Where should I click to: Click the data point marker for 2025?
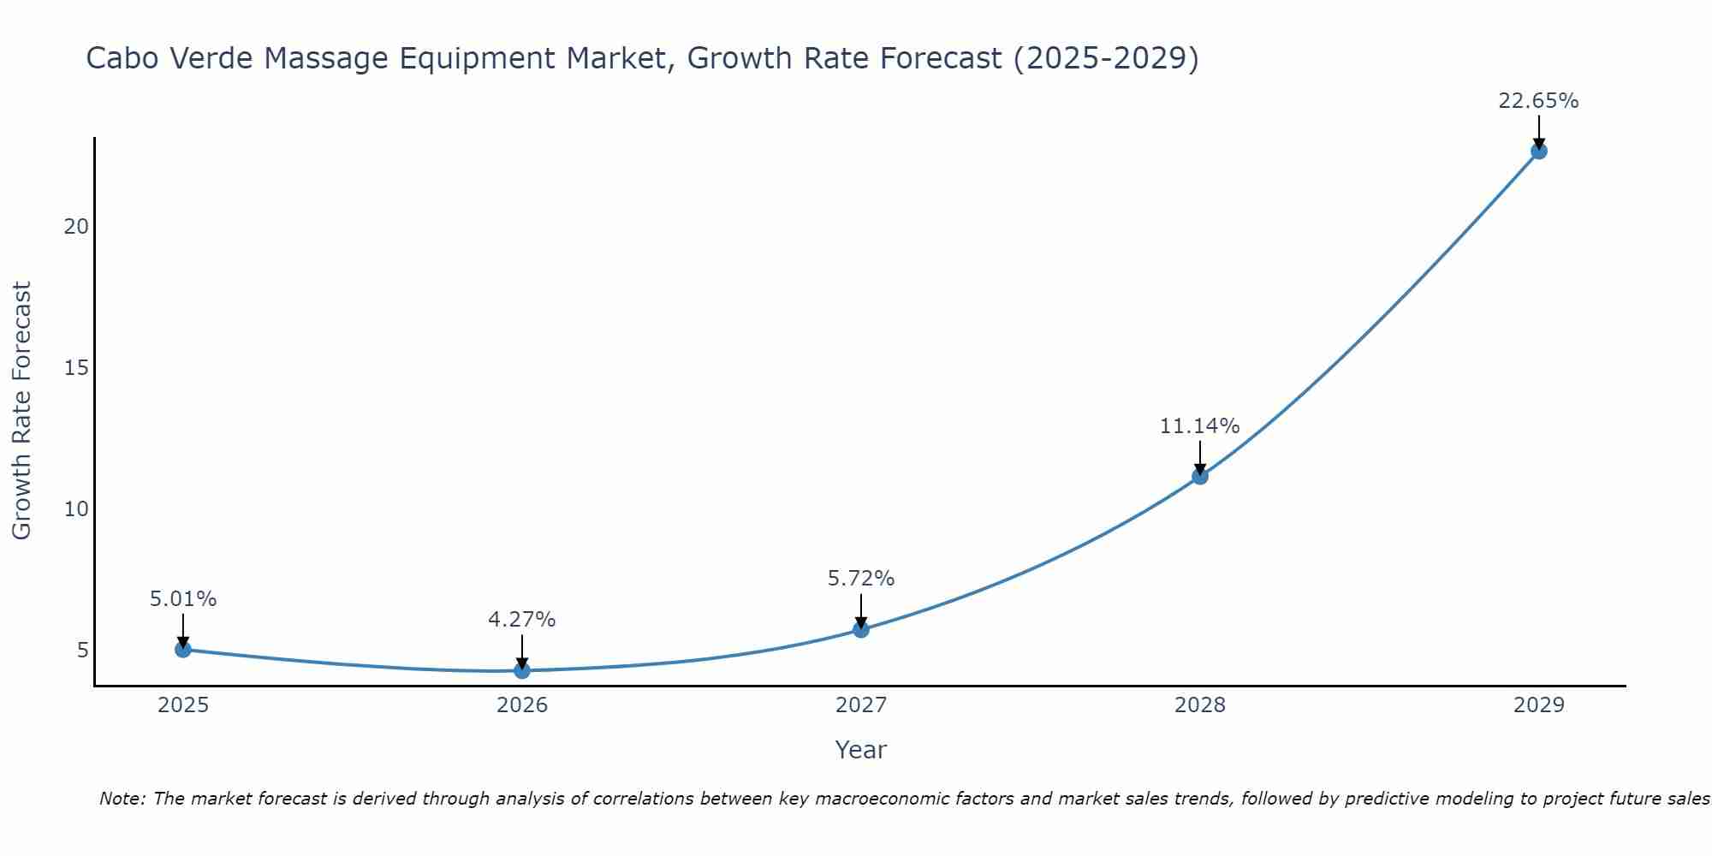coord(183,650)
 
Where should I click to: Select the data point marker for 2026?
coord(522,670)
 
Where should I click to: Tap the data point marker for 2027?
coord(861,630)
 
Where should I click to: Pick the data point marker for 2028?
coord(1200,476)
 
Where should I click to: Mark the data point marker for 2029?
coord(1539,152)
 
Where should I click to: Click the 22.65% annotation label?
coord(1538,101)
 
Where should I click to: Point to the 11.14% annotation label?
coord(1199,426)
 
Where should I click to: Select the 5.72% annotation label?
coord(860,579)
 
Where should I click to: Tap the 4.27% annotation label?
coord(521,620)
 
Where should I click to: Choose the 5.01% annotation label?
coord(183,599)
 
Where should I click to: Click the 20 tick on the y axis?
coord(76,227)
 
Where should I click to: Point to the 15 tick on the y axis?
coord(76,368)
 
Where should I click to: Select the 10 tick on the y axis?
coord(76,509)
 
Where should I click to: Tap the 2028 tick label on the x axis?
coord(1200,705)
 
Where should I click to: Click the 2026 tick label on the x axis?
coord(522,705)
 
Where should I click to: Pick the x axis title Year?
coord(860,750)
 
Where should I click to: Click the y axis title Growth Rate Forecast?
coord(21,411)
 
